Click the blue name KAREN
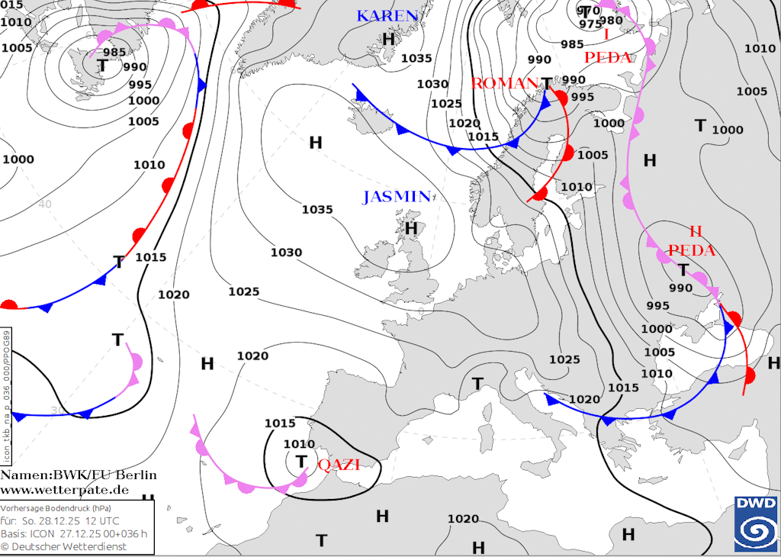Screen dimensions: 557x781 (387, 16)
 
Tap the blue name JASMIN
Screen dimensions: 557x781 (397, 196)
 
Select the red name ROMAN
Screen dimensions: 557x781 (503, 83)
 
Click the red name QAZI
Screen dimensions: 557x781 (338, 465)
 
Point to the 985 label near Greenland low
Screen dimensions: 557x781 (114, 53)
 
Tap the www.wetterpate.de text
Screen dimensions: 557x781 (65, 489)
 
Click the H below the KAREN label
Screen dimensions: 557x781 (388, 38)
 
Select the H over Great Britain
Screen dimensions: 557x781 (411, 227)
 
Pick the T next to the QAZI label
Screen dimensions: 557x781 (301, 462)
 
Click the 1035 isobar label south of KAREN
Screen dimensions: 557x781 (416, 58)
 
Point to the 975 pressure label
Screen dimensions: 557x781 (590, 24)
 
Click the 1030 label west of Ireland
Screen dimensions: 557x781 (286, 253)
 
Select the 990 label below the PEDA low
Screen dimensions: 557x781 (680, 288)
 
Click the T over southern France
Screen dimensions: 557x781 (477, 383)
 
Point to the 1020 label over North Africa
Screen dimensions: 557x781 (463, 519)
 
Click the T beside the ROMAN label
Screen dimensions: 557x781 (546, 83)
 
